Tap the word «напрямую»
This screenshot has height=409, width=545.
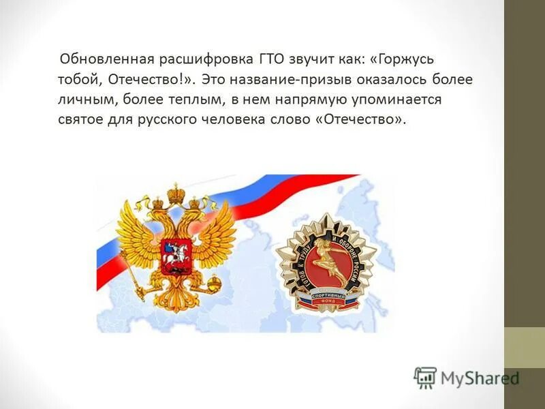point(303,100)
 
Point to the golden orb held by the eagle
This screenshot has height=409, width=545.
point(213,282)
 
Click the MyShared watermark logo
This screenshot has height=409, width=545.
point(467,378)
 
